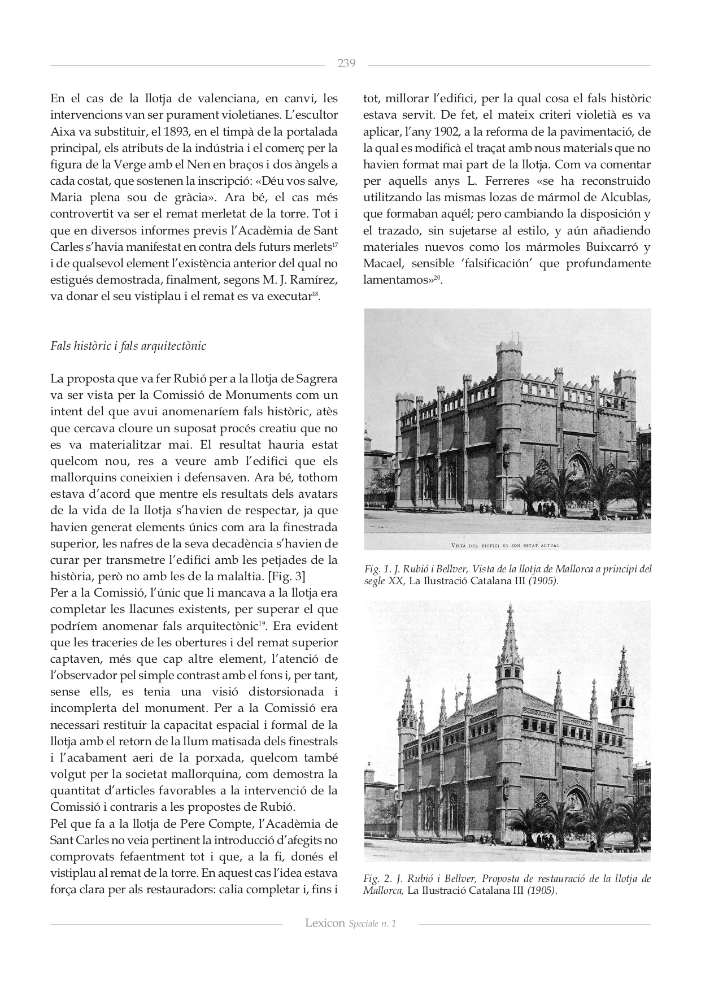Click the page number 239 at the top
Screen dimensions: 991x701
[346, 63]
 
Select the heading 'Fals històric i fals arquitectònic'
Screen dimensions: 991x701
[128, 346]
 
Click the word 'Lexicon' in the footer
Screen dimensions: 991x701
[325, 923]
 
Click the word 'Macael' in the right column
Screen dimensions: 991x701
[382, 263]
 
